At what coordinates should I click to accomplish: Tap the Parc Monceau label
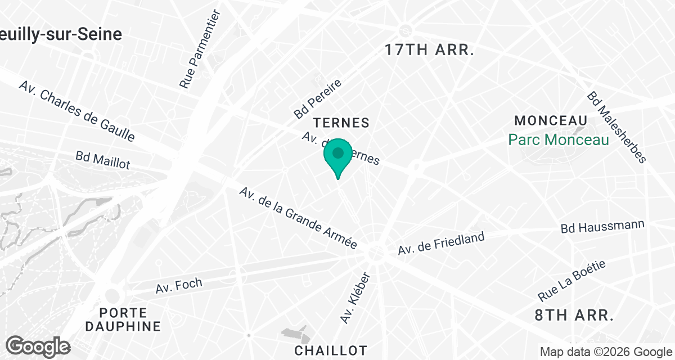559,139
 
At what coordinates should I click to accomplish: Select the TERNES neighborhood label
341,123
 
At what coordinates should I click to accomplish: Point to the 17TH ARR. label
430,49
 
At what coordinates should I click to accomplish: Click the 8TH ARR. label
574,315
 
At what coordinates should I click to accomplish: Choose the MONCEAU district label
551,120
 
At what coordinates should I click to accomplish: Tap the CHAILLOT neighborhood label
331,350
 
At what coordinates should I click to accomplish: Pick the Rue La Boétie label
572,280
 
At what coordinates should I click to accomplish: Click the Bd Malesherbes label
616,128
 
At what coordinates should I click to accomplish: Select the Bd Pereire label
317,99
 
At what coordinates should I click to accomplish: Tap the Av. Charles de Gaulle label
76,111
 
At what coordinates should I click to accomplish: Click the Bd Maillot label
103,160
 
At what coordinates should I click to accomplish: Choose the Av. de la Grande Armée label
298,218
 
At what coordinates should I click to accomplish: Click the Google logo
38,346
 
